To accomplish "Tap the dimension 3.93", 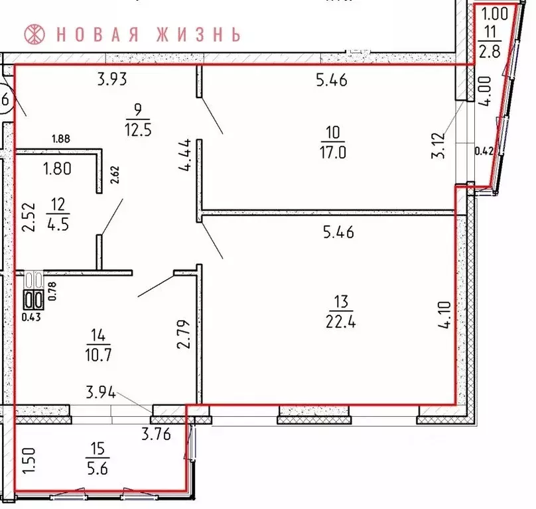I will [111, 81].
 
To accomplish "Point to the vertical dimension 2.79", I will [186, 334].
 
